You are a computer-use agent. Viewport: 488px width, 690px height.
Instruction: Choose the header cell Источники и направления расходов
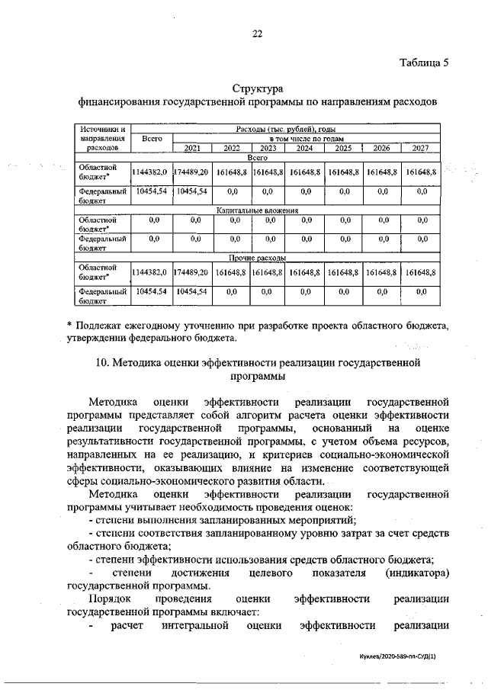(x=102, y=138)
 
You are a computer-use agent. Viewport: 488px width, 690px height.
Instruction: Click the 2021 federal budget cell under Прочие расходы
(x=193, y=291)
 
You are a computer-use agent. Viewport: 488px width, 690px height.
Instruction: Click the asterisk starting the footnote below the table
(x=69, y=326)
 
